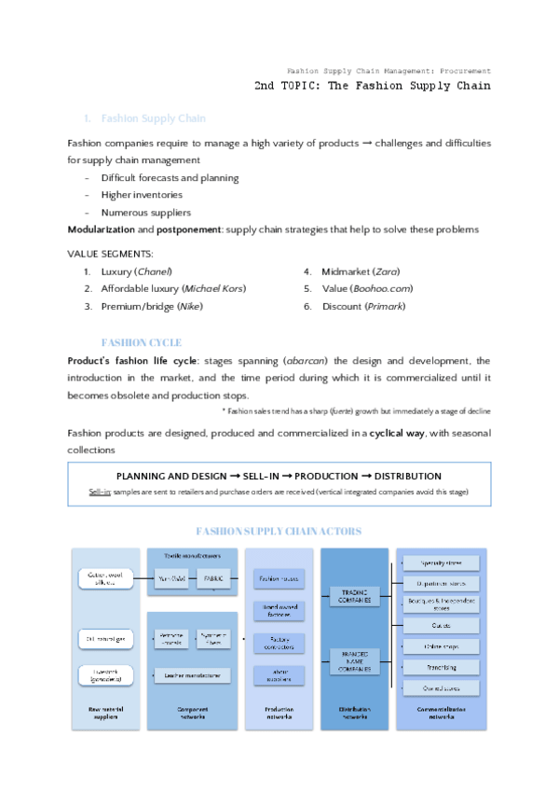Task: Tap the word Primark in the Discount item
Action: click(386, 306)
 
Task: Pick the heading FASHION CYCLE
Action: click(141, 342)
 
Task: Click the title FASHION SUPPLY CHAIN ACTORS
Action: click(279, 531)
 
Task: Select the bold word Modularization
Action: click(101, 229)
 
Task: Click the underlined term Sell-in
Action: click(100, 492)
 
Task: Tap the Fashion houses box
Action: click(279, 579)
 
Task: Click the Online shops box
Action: click(439, 646)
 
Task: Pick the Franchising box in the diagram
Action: click(439, 667)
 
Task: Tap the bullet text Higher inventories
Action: click(142, 195)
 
